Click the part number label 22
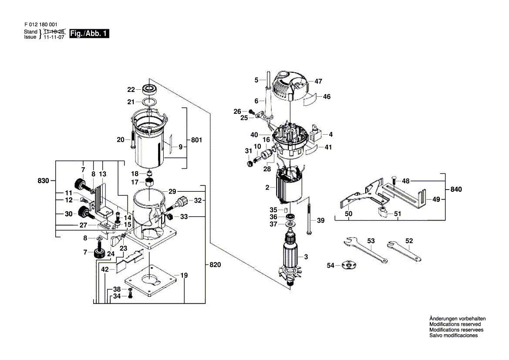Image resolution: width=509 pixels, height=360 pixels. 131,90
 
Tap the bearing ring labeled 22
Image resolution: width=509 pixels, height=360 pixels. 148,89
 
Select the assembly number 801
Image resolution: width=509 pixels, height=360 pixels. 197,140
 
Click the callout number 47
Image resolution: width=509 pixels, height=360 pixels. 318,81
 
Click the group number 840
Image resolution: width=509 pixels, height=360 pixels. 456,190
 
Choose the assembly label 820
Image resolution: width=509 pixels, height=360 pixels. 215,265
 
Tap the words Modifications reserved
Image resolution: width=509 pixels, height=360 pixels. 455,324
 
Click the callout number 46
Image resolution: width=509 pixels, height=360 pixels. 327,97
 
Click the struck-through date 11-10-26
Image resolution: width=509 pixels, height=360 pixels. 56,32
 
